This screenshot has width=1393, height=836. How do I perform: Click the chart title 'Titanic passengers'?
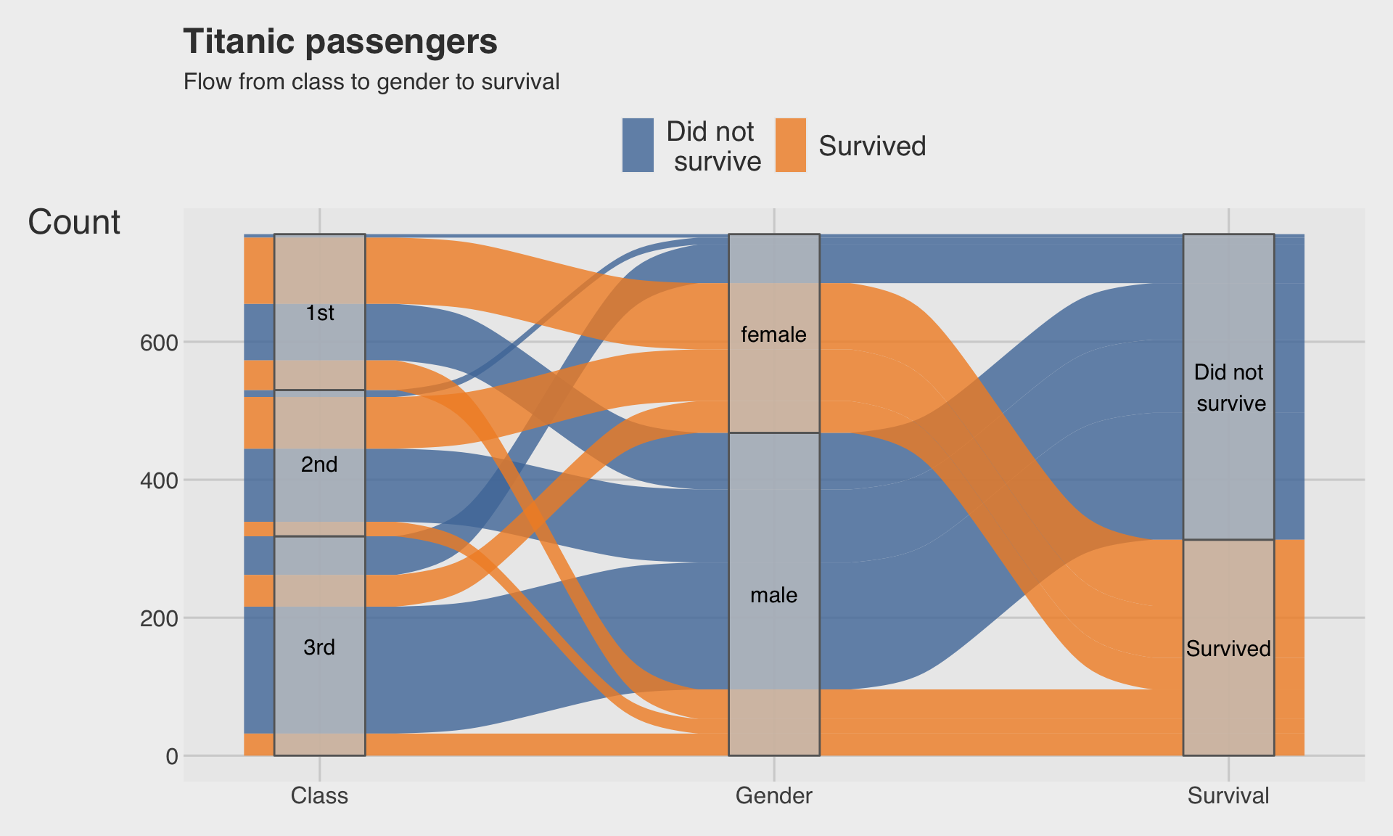[x=340, y=41]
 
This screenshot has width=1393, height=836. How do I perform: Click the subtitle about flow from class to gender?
[x=371, y=82]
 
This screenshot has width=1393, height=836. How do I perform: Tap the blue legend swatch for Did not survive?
[x=638, y=145]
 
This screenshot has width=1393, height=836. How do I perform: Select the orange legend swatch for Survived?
[x=790, y=145]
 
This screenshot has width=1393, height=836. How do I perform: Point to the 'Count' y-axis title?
[x=74, y=222]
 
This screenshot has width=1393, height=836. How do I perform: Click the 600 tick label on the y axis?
[x=159, y=343]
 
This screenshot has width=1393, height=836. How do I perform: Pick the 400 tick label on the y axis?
[x=159, y=480]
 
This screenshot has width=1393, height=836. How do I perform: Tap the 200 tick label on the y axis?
[x=159, y=618]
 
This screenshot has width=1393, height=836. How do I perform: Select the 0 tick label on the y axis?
[x=172, y=756]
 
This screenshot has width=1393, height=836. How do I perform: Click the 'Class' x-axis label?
[x=319, y=796]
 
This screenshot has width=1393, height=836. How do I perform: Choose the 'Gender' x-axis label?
[x=774, y=796]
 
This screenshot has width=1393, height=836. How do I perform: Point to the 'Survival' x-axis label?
[x=1228, y=796]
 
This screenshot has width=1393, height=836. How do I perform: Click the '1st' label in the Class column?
[x=320, y=313]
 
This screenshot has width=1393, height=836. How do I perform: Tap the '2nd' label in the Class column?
[x=319, y=464]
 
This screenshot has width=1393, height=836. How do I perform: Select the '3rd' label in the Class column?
[x=319, y=647]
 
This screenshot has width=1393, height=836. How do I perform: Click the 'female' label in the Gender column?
[x=774, y=335]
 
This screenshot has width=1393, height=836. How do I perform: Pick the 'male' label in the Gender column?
[x=774, y=595]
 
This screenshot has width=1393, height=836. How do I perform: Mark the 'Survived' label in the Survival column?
[x=1228, y=649]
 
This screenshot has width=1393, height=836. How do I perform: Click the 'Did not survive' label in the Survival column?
[x=1229, y=388]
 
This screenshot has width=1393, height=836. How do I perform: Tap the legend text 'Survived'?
[x=872, y=146]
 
